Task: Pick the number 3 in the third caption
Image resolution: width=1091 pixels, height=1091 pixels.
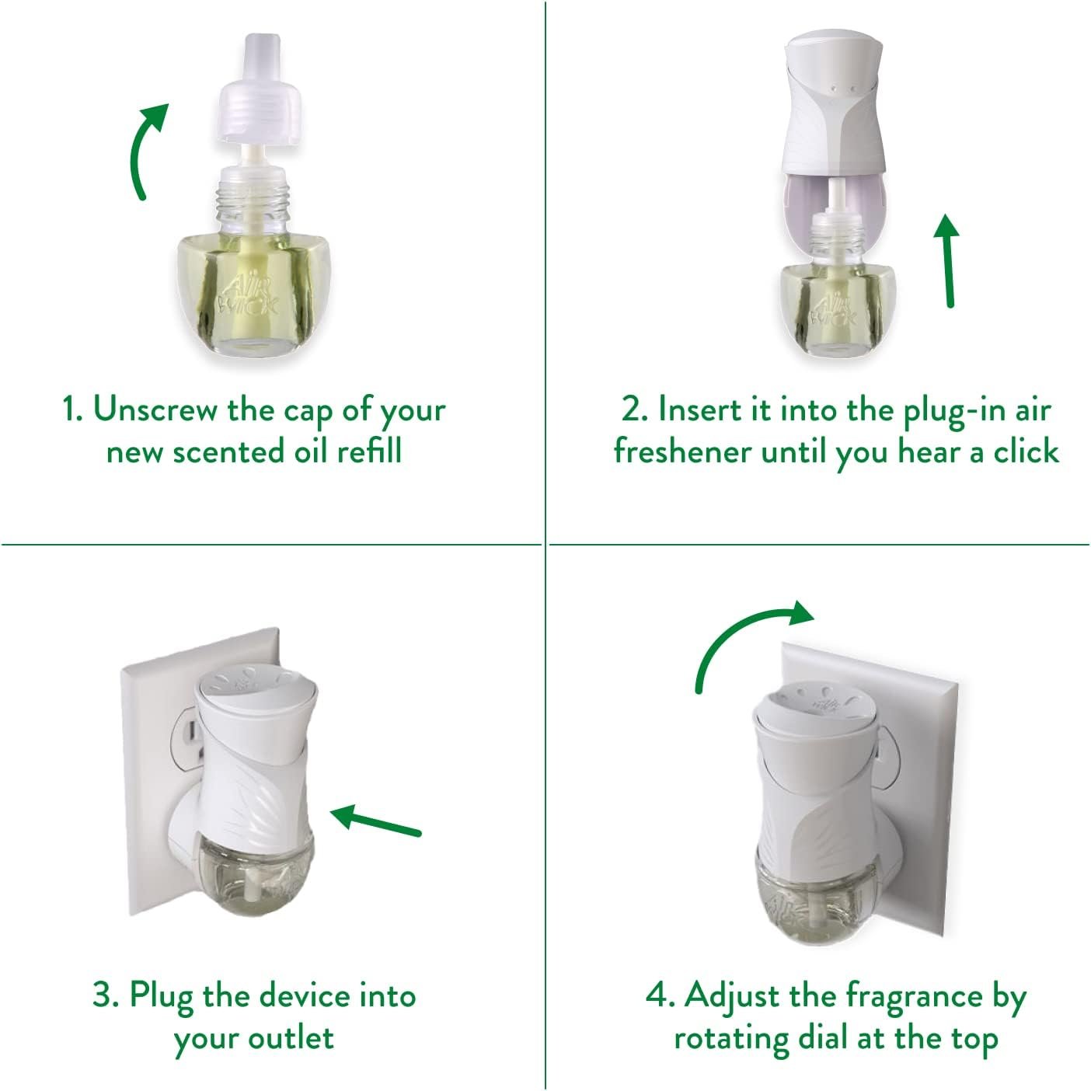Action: (x=103, y=995)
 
